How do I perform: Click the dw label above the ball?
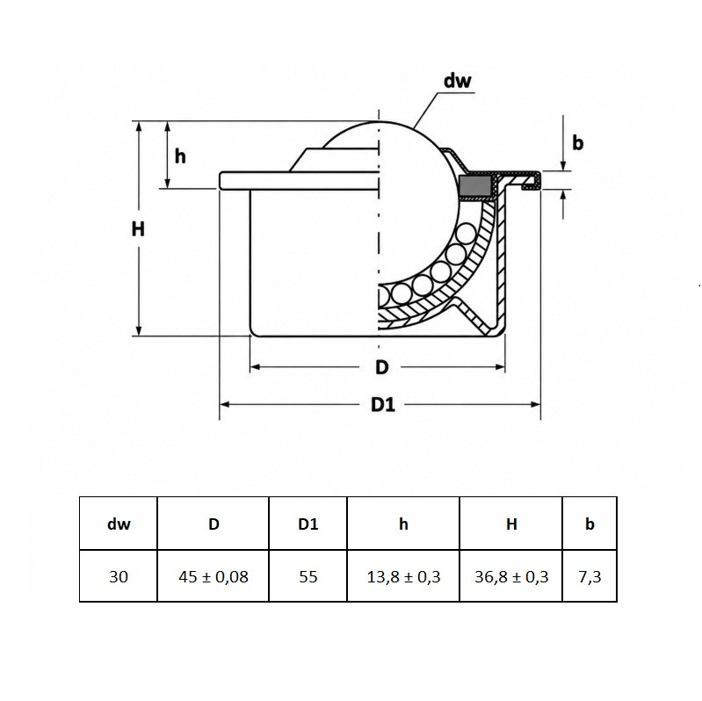pyautogui.click(x=457, y=81)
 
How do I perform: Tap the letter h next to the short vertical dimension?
pyautogui.click(x=180, y=156)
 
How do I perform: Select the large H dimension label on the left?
pyautogui.click(x=138, y=229)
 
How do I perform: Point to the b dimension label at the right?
pyautogui.click(x=578, y=143)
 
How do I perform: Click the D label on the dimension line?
pyautogui.click(x=381, y=367)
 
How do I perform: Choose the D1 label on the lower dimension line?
pyautogui.click(x=383, y=405)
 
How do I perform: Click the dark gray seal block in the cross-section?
pyautogui.click(x=475, y=187)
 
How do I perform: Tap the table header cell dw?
pyautogui.click(x=119, y=524)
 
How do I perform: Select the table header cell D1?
pyautogui.click(x=308, y=524)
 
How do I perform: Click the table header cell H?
pyautogui.click(x=511, y=524)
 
